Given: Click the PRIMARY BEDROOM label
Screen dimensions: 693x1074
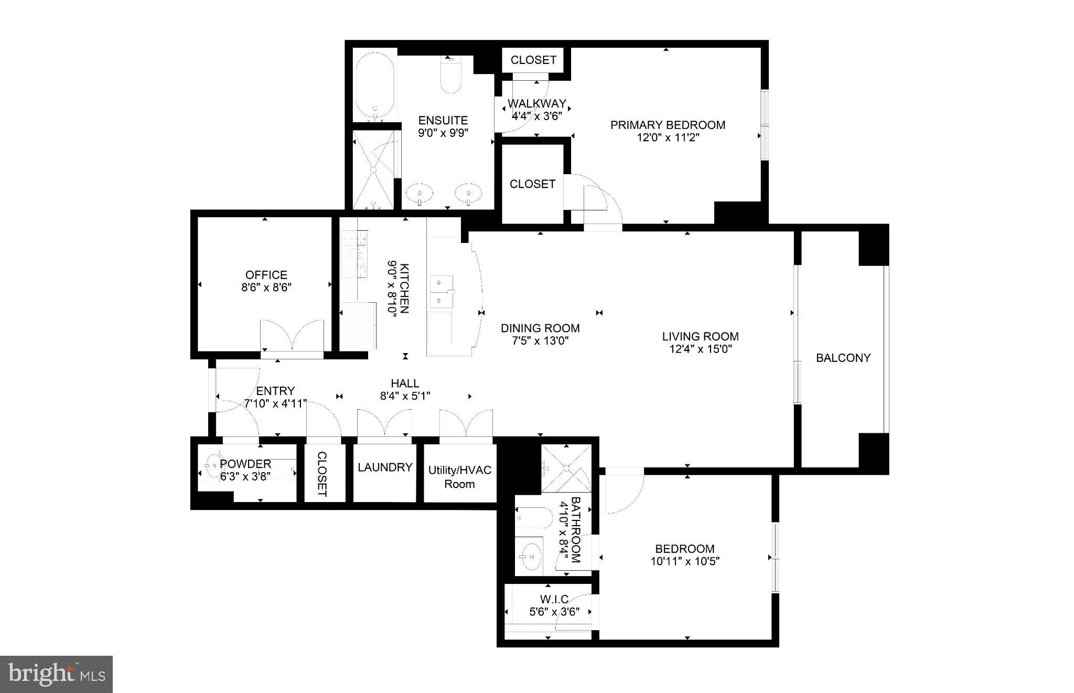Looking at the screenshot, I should coord(668,125).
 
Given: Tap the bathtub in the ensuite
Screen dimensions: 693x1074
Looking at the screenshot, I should coord(375,86).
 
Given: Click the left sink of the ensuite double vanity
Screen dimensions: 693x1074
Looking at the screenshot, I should coord(420,193).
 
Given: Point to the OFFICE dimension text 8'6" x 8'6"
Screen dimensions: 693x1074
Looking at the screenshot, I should coord(266,287).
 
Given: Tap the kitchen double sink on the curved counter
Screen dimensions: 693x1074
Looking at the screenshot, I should coord(441,292).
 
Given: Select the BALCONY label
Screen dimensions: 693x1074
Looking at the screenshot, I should coord(843,358).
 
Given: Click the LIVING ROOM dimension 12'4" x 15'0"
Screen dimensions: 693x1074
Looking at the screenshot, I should coord(700,349).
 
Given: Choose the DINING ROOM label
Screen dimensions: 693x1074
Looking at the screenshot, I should coord(540,328).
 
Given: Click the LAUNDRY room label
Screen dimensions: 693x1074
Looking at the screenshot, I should coord(385,467).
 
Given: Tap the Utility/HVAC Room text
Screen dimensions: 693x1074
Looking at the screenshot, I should coord(459,477).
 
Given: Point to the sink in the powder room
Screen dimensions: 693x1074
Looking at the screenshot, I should coord(213,465).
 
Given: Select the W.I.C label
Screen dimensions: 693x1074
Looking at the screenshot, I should coord(554,599).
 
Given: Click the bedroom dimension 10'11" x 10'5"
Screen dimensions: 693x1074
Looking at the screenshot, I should coord(685,561).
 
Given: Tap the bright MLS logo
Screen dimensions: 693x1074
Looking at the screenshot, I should coord(56,674).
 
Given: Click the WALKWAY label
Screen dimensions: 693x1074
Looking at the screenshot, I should coord(536,103).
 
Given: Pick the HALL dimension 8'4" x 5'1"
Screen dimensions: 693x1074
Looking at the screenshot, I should coord(405,396).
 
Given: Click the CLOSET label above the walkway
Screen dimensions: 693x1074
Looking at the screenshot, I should coord(533,60).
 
